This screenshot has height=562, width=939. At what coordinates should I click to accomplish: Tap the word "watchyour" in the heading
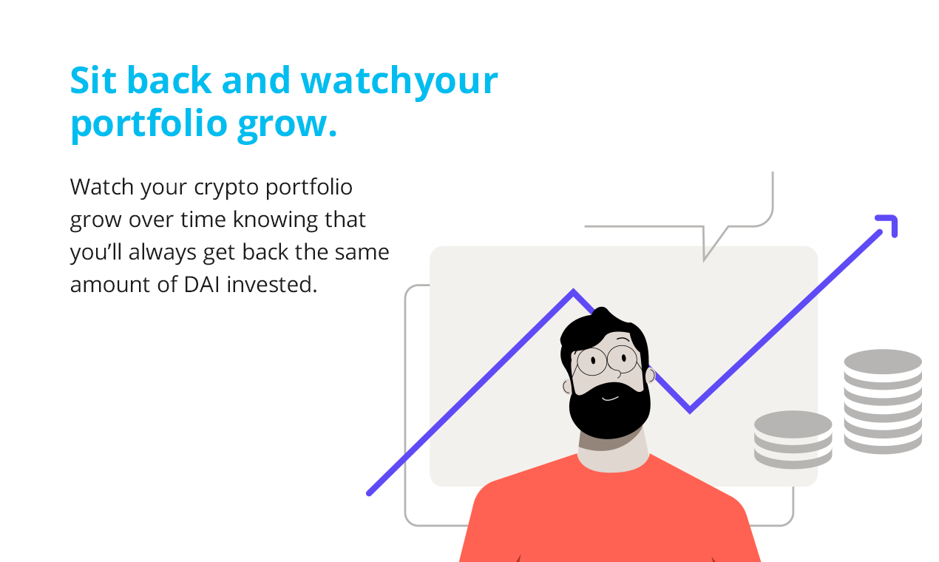click(399, 81)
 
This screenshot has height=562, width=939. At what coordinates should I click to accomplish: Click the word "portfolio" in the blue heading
click(149, 124)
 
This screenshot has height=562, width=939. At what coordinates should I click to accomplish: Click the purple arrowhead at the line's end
click(889, 224)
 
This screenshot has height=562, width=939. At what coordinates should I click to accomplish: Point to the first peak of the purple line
click(573, 293)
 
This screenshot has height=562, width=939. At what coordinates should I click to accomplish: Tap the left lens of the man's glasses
click(591, 361)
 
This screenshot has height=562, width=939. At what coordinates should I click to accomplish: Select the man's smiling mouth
click(609, 399)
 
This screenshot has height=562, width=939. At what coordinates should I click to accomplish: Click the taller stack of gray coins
click(883, 401)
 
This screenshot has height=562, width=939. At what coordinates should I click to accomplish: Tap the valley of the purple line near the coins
click(690, 410)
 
